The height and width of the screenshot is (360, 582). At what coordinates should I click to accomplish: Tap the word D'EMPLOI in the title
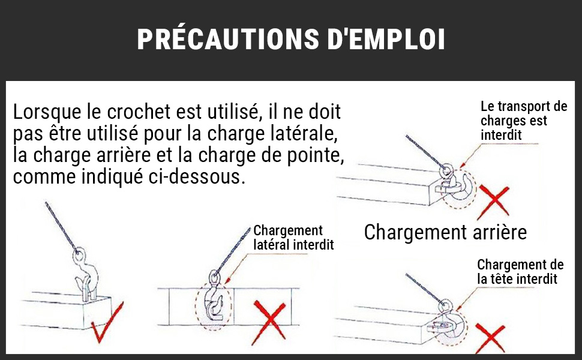(x=386, y=38)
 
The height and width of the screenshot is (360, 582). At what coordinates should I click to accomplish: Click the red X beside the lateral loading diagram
(x=270, y=321)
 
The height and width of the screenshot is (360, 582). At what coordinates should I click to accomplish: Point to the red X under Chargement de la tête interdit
(x=491, y=337)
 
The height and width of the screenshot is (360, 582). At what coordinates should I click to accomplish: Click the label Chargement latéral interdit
(x=293, y=238)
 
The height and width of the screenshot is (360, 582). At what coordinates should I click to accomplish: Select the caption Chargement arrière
(x=445, y=232)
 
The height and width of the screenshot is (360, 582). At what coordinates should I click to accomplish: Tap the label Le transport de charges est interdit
(x=524, y=121)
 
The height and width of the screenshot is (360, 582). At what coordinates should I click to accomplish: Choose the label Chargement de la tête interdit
(x=520, y=272)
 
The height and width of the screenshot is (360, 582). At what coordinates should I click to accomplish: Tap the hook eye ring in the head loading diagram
(x=444, y=307)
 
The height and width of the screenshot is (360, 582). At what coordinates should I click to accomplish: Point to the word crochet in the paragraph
(x=139, y=112)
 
